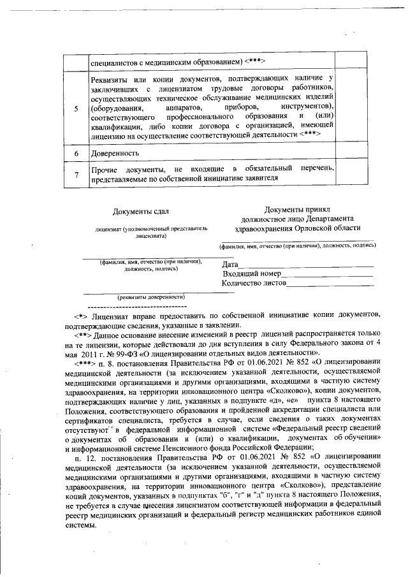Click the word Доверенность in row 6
pyautogui.click(x=115, y=154)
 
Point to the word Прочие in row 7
pyautogui.click(x=105, y=170)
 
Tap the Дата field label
pyautogui.click(x=230, y=265)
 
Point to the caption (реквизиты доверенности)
pyautogui.click(x=150, y=296)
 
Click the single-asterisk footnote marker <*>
pyautogui.click(x=80, y=316)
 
